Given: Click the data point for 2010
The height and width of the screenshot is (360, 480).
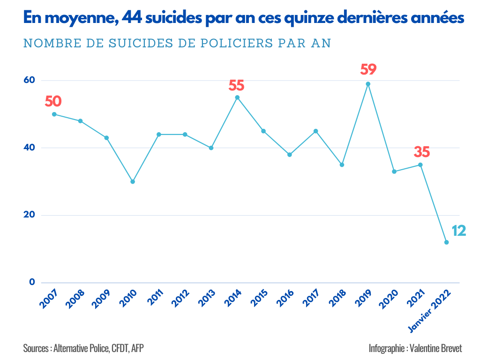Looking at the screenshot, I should click(133, 181).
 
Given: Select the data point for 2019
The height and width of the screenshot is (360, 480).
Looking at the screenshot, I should click(368, 84).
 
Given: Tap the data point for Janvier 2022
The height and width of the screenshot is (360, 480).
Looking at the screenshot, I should click(446, 242).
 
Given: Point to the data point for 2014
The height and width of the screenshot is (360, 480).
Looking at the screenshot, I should click(237, 97).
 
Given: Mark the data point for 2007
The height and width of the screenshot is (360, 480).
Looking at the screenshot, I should click(54, 114).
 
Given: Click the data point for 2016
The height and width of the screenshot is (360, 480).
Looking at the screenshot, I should click(290, 155).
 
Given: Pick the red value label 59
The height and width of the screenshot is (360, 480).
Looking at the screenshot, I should click(368, 70).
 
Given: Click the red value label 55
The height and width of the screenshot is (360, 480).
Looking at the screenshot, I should click(237, 86).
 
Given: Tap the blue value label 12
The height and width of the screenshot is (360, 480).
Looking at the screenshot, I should click(458, 231).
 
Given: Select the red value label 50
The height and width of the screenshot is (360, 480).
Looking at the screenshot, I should click(53, 101).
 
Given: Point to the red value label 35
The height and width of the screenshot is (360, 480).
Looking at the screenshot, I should click(421, 152).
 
